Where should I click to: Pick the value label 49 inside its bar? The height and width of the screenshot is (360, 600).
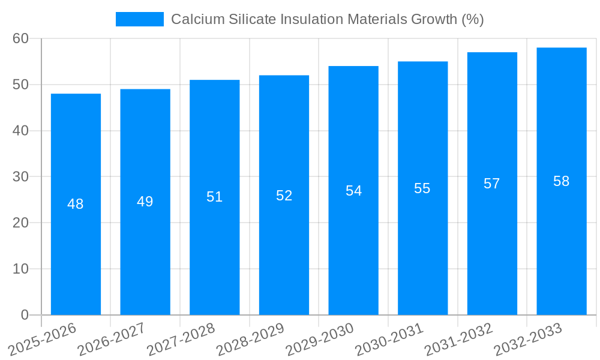[x=145, y=202]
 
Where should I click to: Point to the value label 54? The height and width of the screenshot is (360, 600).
[x=353, y=191]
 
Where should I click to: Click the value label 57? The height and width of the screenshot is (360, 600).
[x=492, y=184]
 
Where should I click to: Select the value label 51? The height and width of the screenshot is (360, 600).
[x=214, y=197]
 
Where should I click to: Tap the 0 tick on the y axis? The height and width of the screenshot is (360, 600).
[x=25, y=315]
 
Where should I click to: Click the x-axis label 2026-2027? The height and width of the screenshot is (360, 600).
[x=112, y=339]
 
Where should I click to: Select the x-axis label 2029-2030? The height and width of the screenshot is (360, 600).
[x=320, y=339]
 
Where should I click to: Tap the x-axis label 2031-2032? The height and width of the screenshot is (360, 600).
[x=459, y=339]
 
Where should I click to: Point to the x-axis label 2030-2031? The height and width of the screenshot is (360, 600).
[x=389, y=339]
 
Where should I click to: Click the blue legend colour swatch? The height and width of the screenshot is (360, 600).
[x=139, y=19]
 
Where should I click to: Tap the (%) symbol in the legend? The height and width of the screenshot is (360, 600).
[x=472, y=19]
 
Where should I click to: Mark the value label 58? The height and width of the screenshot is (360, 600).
[x=561, y=181]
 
